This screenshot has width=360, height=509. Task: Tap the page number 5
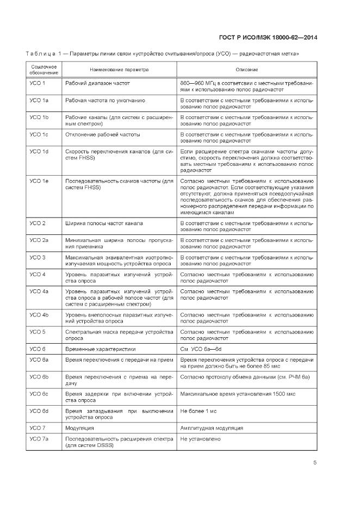[x=315, y=463]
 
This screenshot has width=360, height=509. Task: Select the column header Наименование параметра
[x=119, y=70]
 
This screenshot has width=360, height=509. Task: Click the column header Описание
[x=246, y=70]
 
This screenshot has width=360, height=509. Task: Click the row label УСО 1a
[x=39, y=101]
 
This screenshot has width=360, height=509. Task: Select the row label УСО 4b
[x=39, y=315]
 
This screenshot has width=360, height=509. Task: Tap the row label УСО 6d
[x=39, y=411]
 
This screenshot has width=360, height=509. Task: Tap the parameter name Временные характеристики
[x=100, y=349]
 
